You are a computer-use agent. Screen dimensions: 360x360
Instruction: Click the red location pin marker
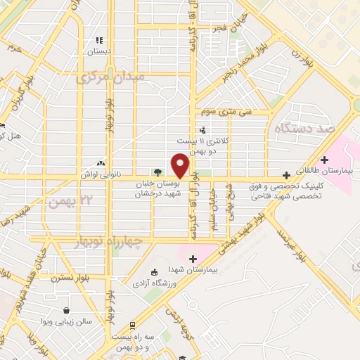(181, 165)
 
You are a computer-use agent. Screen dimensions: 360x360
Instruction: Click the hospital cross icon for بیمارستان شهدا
(192, 259)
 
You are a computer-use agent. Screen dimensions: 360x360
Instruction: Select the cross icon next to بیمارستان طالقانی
(324, 160)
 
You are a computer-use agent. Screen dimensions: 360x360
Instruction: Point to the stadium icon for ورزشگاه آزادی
(155, 273)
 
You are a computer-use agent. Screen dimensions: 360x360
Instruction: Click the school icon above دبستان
(99, 41)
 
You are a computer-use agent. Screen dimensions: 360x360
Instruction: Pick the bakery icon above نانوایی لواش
(101, 162)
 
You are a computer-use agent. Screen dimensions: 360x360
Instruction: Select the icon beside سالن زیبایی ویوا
(66, 310)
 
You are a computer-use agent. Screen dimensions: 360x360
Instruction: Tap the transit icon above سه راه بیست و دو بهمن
(131, 326)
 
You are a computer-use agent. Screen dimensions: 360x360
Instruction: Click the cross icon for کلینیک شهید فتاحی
(285, 174)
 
